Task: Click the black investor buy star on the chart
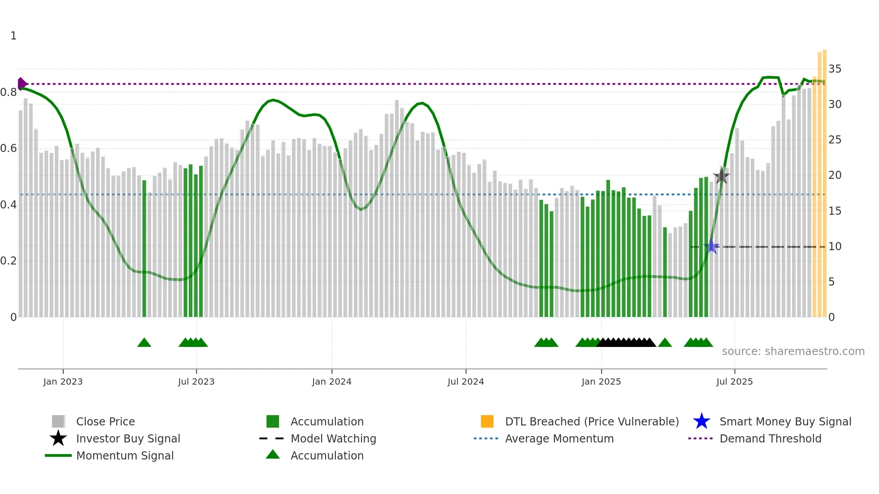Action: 721,176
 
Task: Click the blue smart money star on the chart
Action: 711,246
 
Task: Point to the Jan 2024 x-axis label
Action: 331,381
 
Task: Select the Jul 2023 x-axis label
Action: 196,381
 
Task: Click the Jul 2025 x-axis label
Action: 734,381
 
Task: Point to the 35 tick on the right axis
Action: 835,69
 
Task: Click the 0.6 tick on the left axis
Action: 9,148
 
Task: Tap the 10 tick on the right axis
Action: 835,247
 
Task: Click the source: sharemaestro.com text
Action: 793,351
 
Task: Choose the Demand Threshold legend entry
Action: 770,438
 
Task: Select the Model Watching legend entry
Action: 333,438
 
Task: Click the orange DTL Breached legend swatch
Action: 487,421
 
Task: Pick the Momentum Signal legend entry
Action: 125,455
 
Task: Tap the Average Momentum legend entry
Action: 559,438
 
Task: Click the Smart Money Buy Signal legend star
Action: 701,421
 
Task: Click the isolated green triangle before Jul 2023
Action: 144,343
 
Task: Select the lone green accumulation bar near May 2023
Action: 144,249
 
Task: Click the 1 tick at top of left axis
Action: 13,36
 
